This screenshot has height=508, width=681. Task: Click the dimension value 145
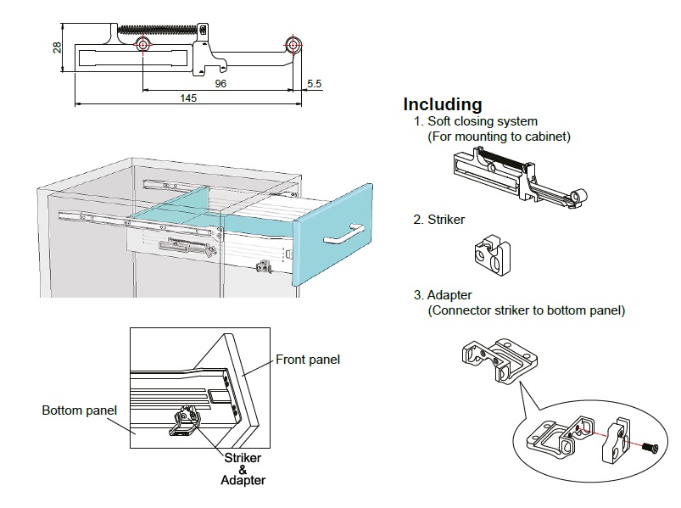[188, 98]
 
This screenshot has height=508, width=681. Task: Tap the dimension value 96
[220, 83]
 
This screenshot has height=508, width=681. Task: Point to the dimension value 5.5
[314, 83]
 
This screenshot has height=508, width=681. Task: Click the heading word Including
[442, 104]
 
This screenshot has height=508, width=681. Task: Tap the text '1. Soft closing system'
[476, 121]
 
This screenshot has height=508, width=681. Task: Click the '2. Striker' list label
[439, 220]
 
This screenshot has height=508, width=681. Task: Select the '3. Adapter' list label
[443, 295]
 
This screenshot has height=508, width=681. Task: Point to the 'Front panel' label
[308, 360]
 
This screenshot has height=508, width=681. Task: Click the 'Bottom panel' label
[80, 410]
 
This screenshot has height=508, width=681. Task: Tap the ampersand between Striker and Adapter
[242, 469]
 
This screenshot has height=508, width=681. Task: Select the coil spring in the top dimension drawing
[161, 29]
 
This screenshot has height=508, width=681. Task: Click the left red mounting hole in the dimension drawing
[142, 44]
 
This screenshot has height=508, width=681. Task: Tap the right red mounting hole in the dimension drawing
[293, 44]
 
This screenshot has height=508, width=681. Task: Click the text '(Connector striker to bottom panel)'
[526, 310]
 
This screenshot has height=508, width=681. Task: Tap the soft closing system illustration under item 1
[517, 176]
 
